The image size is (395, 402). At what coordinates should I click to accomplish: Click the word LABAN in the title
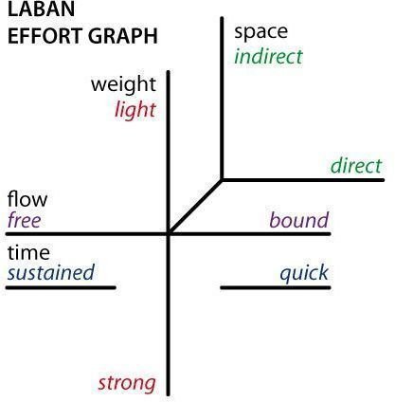pyautogui.click(x=41, y=9)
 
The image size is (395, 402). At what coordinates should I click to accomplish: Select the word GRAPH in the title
pyautogui.click(x=122, y=36)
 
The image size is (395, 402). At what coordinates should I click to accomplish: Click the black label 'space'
pyautogui.click(x=260, y=33)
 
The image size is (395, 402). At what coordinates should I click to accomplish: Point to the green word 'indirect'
pyautogui.click(x=268, y=56)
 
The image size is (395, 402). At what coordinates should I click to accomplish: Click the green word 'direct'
pyautogui.click(x=356, y=165)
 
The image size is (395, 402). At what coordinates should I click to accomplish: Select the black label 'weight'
pyautogui.click(x=123, y=84)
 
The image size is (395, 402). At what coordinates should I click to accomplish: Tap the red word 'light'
pyautogui.click(x=135, y=110)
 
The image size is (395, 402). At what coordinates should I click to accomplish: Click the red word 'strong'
pyautogui.click(x=127, y=383)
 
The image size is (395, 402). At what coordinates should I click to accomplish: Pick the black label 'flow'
pyautogui.click(x=27, y=199)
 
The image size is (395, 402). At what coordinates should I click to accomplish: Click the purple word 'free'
pyautogui.click(x=25, y=220)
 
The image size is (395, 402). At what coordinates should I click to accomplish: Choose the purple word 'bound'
pyautogui.click(x=299, y=220)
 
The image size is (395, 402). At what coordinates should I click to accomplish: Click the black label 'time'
pyautogui.click(x=28, y=253)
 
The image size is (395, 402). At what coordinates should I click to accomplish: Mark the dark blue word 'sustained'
pyautogui.click(x=51, y=272)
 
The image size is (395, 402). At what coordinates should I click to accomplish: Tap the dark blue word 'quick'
pyautogui.click(x=304, y=273)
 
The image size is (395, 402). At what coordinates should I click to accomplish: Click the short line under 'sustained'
pyautogui.click(x=61, y=287)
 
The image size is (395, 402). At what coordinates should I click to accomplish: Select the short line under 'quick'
pyautogui.click(x=276, y=287)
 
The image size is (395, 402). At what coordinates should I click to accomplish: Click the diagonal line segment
pyautogui.click(x=195, y=207)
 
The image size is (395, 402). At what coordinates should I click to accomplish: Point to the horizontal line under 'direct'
pyautogui.click(x=303, y=180)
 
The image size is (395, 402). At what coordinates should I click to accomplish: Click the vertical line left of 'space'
pyautogui.click(x=222, y=99)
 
